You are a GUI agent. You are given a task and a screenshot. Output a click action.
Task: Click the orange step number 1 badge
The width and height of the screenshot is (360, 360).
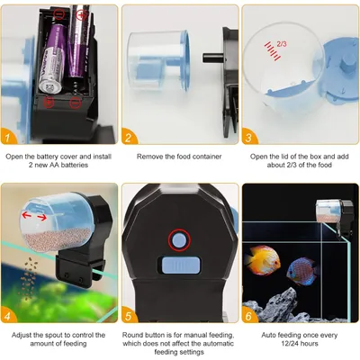click(x=9, y=138)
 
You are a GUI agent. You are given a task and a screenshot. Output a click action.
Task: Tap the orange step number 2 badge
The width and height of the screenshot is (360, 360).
click(x=130, y=138)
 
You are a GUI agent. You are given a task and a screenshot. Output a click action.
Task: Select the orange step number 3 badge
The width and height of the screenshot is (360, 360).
click(x=250, y=138)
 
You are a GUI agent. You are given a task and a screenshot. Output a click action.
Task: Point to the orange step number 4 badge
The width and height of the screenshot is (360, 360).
click(x=9, y=317)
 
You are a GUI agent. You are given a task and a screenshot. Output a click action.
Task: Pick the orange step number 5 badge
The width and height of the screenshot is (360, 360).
click(x=130, y=317)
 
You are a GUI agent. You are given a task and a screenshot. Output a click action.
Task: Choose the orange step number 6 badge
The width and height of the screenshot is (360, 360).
click(x=250, y=317)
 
